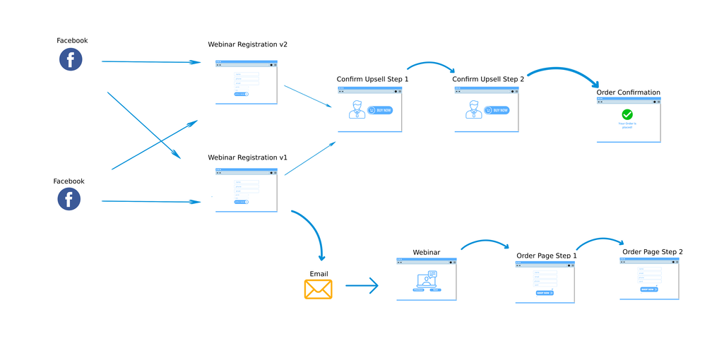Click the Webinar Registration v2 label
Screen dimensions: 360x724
click(x=247, y=44)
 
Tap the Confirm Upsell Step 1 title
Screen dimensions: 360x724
click(x=372, y=79)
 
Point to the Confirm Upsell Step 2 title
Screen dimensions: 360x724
click(x=488, y=79)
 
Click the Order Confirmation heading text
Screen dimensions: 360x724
click(x=629, y=92)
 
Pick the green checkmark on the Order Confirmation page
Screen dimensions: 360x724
click(x=627, y=114)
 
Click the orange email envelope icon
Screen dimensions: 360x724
click(x=319, y=289)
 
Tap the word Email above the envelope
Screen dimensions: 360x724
click(x=319, y=274)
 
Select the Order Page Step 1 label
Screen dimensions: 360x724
click(x=547, y=256)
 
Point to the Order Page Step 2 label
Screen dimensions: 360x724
click(x=653, y=252)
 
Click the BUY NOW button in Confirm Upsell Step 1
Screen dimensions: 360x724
click(x=380, y=110)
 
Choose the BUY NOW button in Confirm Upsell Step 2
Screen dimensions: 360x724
click(x=497, y=110)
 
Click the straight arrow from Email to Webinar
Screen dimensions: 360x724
click(x=362, y=286)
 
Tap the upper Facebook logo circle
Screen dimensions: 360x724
click(x=71, y=59)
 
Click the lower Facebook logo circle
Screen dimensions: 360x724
click(x=69, y=199)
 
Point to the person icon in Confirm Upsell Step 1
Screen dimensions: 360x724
click(x=357, y=109)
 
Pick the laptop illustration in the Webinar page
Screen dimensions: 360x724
click(x=427, y=282)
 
